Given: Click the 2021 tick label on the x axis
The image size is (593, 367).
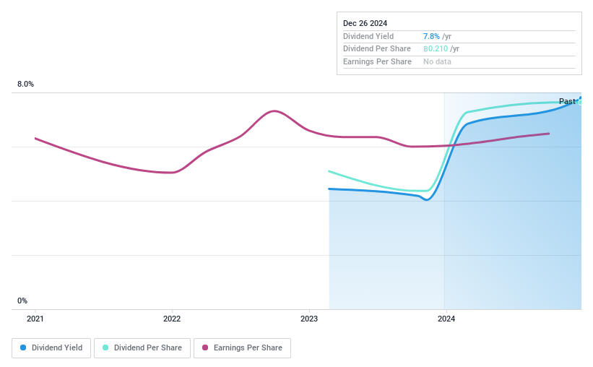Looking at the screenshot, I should [x=35, y=319].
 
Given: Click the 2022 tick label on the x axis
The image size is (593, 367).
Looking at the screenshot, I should [x=172, y=319].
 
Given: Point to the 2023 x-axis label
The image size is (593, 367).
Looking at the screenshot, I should [x=309, y=319].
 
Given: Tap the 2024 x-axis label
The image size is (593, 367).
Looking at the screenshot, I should [x=446, y=319].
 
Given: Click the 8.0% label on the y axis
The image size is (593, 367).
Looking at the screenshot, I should [x=26, y=85].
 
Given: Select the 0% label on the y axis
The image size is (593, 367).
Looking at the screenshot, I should [x=22, y=301].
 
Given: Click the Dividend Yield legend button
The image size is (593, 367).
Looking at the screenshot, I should [x=51, y=347].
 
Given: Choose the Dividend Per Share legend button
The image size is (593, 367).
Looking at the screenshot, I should [x=143, y=347].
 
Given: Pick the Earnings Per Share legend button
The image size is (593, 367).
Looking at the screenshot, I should [x=242, y=347].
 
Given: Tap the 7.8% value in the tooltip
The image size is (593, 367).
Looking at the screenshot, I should [x=432, y=36].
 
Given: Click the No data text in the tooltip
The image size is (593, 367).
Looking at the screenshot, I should [x=438, y=62].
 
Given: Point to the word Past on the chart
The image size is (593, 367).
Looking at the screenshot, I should [x=567, y=102].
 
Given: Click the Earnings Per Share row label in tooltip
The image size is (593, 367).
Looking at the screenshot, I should [x=377, y=62].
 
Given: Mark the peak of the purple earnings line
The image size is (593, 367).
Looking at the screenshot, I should [x=273, y=111].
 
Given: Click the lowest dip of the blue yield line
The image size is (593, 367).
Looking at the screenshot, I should [x=426, y=199].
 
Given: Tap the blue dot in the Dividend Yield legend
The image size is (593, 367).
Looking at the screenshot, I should [x=23, y=347].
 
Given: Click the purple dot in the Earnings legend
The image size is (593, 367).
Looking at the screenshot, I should [x=205, y=347].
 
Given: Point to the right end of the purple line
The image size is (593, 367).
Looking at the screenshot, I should [x=550, y=134].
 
